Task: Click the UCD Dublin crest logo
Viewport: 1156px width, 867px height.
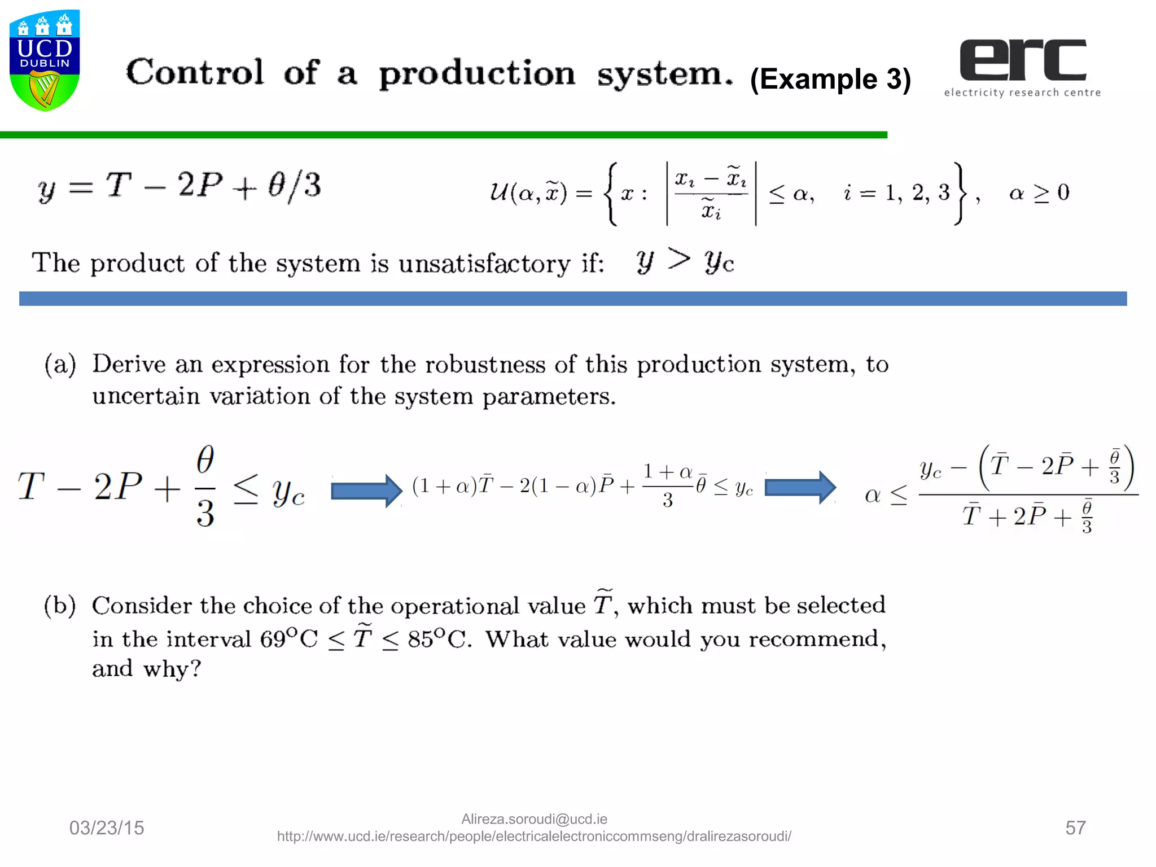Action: click(45, 60)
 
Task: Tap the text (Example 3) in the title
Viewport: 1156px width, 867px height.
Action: click(830, 79)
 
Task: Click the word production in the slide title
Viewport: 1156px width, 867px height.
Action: click(477, 75)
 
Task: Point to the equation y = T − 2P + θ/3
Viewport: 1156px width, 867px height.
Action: click(179, 186)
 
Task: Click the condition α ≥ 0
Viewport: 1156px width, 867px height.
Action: click(1039, 193)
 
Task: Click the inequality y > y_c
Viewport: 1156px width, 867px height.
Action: click(685, 261)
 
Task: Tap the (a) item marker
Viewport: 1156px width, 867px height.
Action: click(60, 365)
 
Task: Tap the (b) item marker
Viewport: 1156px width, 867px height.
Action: click(60, 606)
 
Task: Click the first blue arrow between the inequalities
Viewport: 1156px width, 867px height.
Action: click(366, 490)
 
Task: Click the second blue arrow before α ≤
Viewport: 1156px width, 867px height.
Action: click(800, 487)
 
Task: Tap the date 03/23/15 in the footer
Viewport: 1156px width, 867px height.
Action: click(107, 828)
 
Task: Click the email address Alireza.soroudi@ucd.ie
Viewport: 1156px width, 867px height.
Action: click(534, 819)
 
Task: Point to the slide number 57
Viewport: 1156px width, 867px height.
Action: click(1075, 828)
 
